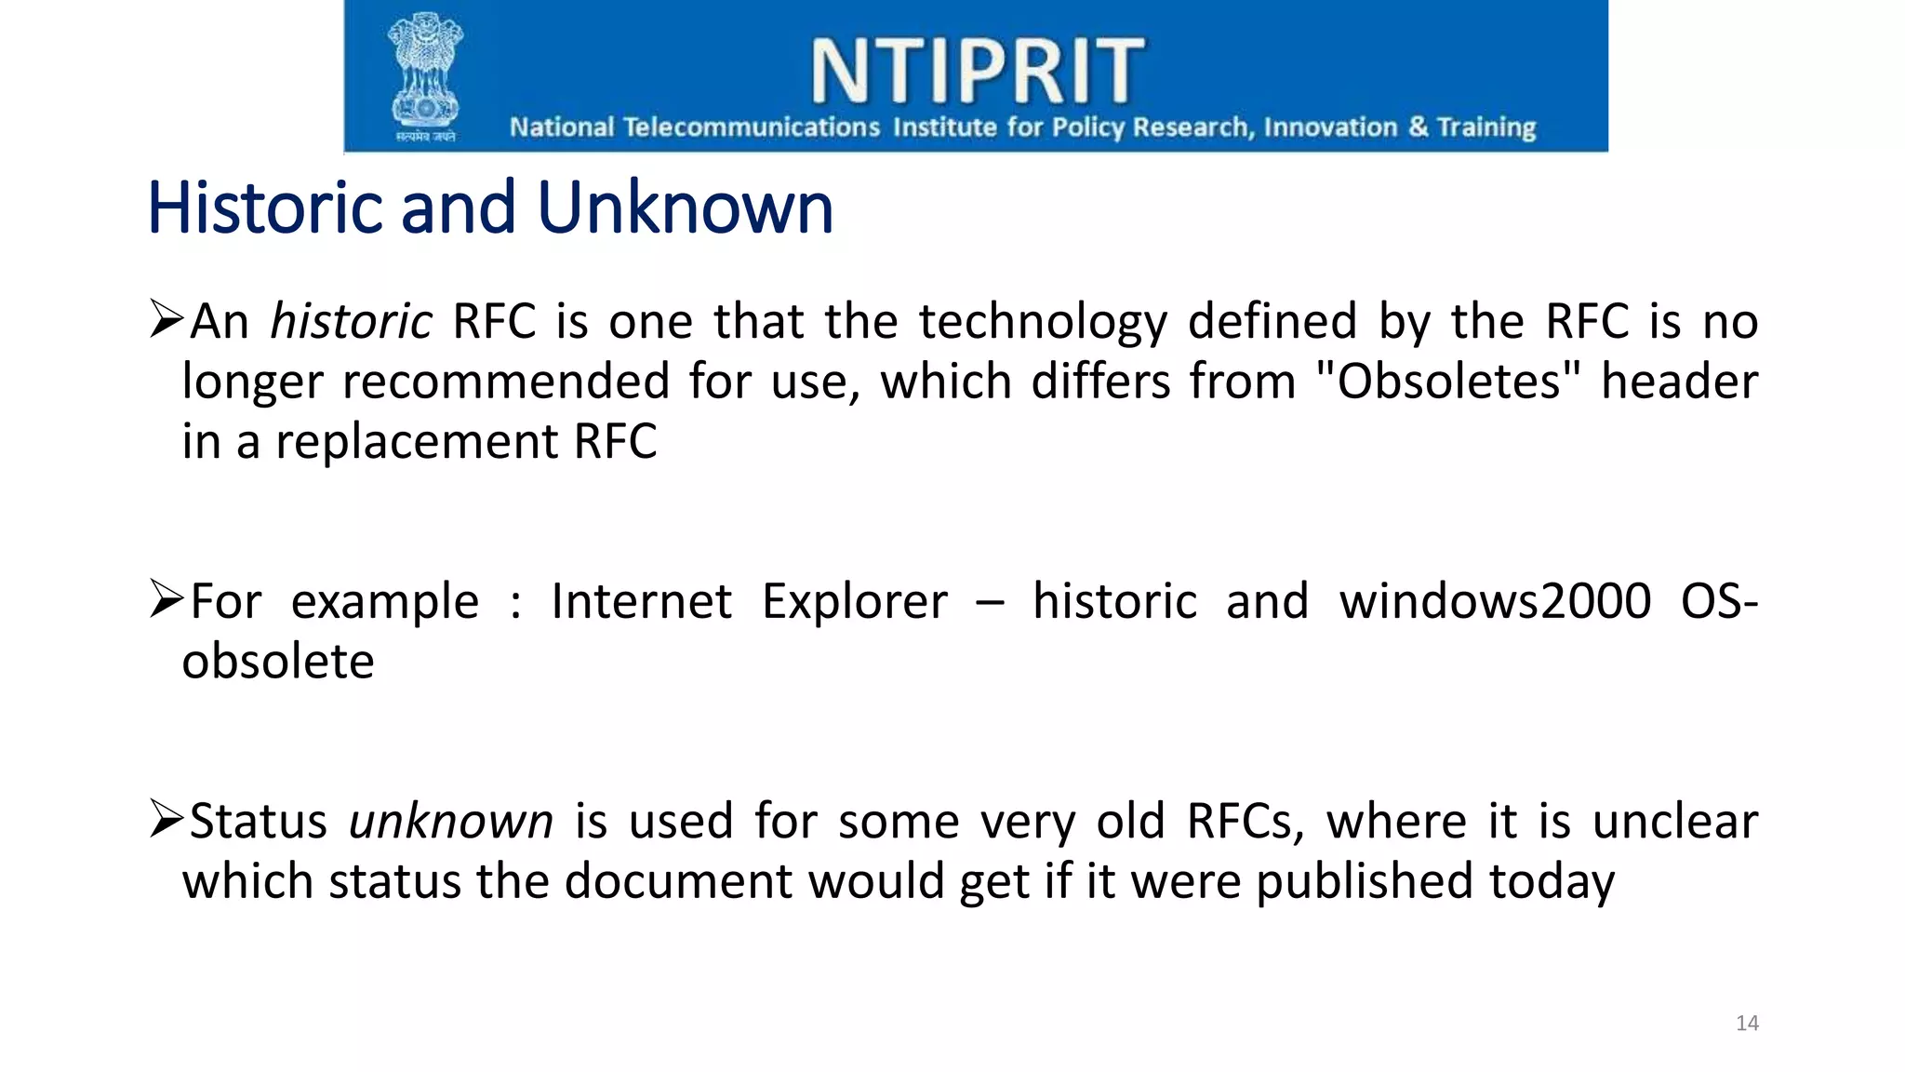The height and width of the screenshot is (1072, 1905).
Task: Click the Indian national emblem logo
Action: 425,76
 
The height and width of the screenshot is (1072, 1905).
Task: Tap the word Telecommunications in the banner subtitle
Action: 751,127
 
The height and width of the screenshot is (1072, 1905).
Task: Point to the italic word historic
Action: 351,322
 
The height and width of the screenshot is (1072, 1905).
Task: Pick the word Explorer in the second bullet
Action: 854,601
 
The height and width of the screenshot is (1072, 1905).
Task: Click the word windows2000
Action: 1495,601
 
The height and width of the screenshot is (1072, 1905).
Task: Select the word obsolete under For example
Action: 278,662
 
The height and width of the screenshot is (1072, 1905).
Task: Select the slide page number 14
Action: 1747,1024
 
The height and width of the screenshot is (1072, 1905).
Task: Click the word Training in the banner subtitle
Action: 1485,127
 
